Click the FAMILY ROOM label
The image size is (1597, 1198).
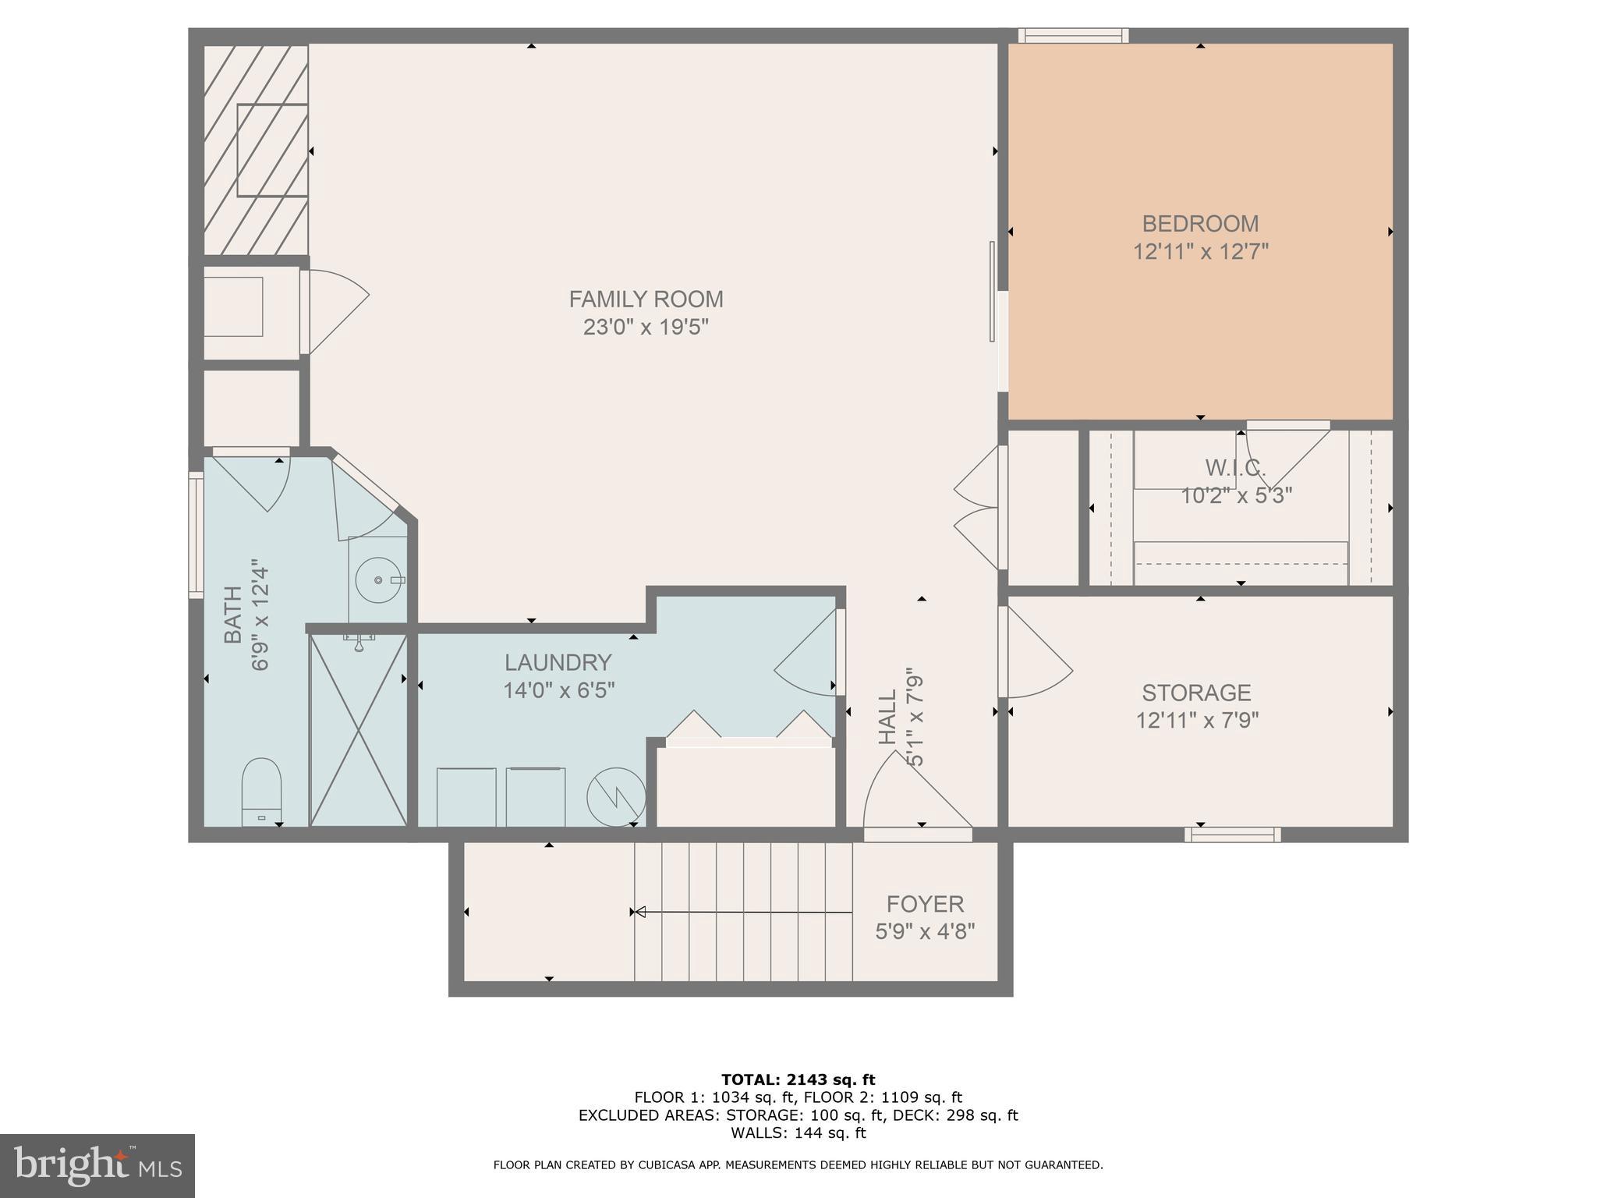(x=646, y=299)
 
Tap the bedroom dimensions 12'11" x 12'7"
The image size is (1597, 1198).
(x=1200, y=252)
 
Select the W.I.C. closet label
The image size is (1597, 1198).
(x=1235, y=468)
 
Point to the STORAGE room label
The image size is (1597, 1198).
(x=1196, y=693)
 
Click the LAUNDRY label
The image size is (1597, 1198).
(x=558, y=662)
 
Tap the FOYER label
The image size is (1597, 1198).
(x=925, y=904)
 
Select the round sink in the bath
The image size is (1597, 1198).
(x=377, y=580)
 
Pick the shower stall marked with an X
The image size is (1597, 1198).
(x=359, y=730)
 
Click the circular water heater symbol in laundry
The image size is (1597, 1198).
(x=616, y=797)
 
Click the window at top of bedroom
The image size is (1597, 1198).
(x=1073, y=36)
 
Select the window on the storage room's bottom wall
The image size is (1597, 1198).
(x=1232, y=835)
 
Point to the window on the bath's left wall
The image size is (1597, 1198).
(x=196, y=535)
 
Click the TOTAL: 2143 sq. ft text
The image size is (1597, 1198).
(x=798, y=1080)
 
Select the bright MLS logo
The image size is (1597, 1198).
(x=97, y=1165)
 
